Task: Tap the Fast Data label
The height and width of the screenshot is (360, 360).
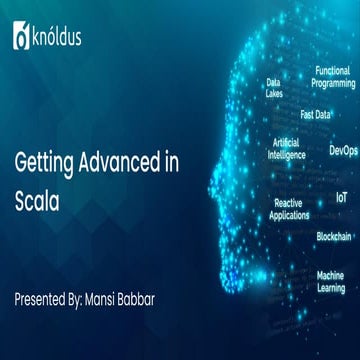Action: pos(315,114)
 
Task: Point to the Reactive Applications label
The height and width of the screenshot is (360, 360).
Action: pos(290,208)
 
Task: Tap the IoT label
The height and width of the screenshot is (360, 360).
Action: pos(341,199)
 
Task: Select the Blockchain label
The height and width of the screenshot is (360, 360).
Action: pos(333,236)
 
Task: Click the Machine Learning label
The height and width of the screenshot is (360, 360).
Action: pos(331,280)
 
